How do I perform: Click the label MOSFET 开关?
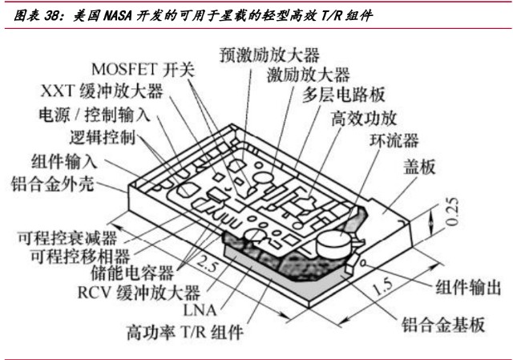(143, 69)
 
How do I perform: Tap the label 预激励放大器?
(269, 55)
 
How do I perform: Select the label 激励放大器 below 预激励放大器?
(309, 75)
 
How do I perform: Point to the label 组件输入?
(63, 160)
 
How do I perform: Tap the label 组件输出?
(468, 288)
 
